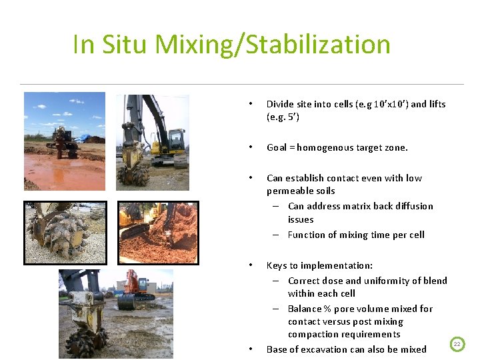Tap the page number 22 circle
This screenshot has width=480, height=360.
click(x=457, y=344)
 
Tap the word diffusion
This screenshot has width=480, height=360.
click(x=411, y=206)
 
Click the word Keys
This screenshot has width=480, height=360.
click(x=277, y=265)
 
